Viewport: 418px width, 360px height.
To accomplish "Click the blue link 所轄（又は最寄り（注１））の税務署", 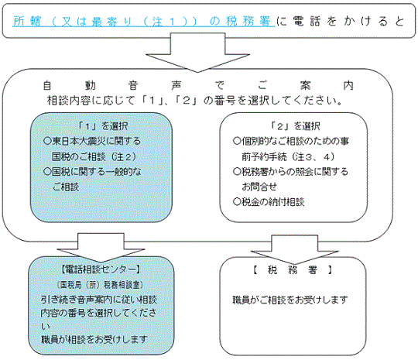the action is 144,22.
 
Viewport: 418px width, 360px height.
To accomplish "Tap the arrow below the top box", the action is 197,53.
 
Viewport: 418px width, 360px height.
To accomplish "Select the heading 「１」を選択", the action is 103,126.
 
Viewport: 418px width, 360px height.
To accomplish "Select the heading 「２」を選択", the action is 295,126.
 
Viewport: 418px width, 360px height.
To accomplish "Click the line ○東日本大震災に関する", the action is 92,141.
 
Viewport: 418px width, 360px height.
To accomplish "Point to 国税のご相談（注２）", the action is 94,156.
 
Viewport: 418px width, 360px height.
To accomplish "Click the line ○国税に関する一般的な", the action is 92,172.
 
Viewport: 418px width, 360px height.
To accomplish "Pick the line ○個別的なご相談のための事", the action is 291,141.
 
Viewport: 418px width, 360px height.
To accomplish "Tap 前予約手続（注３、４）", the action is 288,156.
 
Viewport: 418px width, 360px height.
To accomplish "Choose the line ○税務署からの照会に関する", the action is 291,171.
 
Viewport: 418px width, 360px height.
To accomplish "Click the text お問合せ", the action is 259,187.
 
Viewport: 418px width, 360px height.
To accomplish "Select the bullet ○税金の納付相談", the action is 269,202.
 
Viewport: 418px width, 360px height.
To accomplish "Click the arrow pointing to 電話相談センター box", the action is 101,248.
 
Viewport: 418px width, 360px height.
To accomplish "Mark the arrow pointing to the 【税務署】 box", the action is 295,249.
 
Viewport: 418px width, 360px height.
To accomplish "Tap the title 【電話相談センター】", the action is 101,269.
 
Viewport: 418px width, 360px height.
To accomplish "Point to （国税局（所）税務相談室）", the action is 100,285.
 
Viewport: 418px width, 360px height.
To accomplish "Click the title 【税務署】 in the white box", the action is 293,270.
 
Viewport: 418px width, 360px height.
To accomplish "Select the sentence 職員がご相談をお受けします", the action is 290,300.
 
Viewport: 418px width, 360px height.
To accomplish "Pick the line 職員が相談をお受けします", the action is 94,340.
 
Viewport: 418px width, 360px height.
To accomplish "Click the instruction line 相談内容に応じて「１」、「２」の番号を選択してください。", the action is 195,101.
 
